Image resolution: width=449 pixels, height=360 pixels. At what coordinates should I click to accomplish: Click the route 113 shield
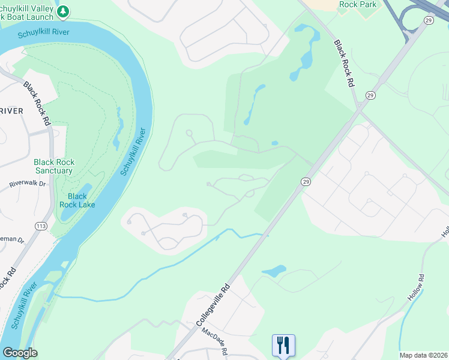41,226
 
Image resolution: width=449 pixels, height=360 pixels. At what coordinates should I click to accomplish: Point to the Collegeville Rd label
214,304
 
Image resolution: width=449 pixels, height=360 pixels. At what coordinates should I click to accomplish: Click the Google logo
19,353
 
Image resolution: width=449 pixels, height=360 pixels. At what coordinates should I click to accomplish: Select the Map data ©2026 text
424,355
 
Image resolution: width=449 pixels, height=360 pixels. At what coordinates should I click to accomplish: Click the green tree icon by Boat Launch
64,11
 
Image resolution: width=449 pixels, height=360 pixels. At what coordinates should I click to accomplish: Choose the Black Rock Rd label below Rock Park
343,65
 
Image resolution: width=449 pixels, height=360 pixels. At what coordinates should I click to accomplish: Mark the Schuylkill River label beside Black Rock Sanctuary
133,151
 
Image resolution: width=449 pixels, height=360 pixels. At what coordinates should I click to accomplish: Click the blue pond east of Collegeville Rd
274,271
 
